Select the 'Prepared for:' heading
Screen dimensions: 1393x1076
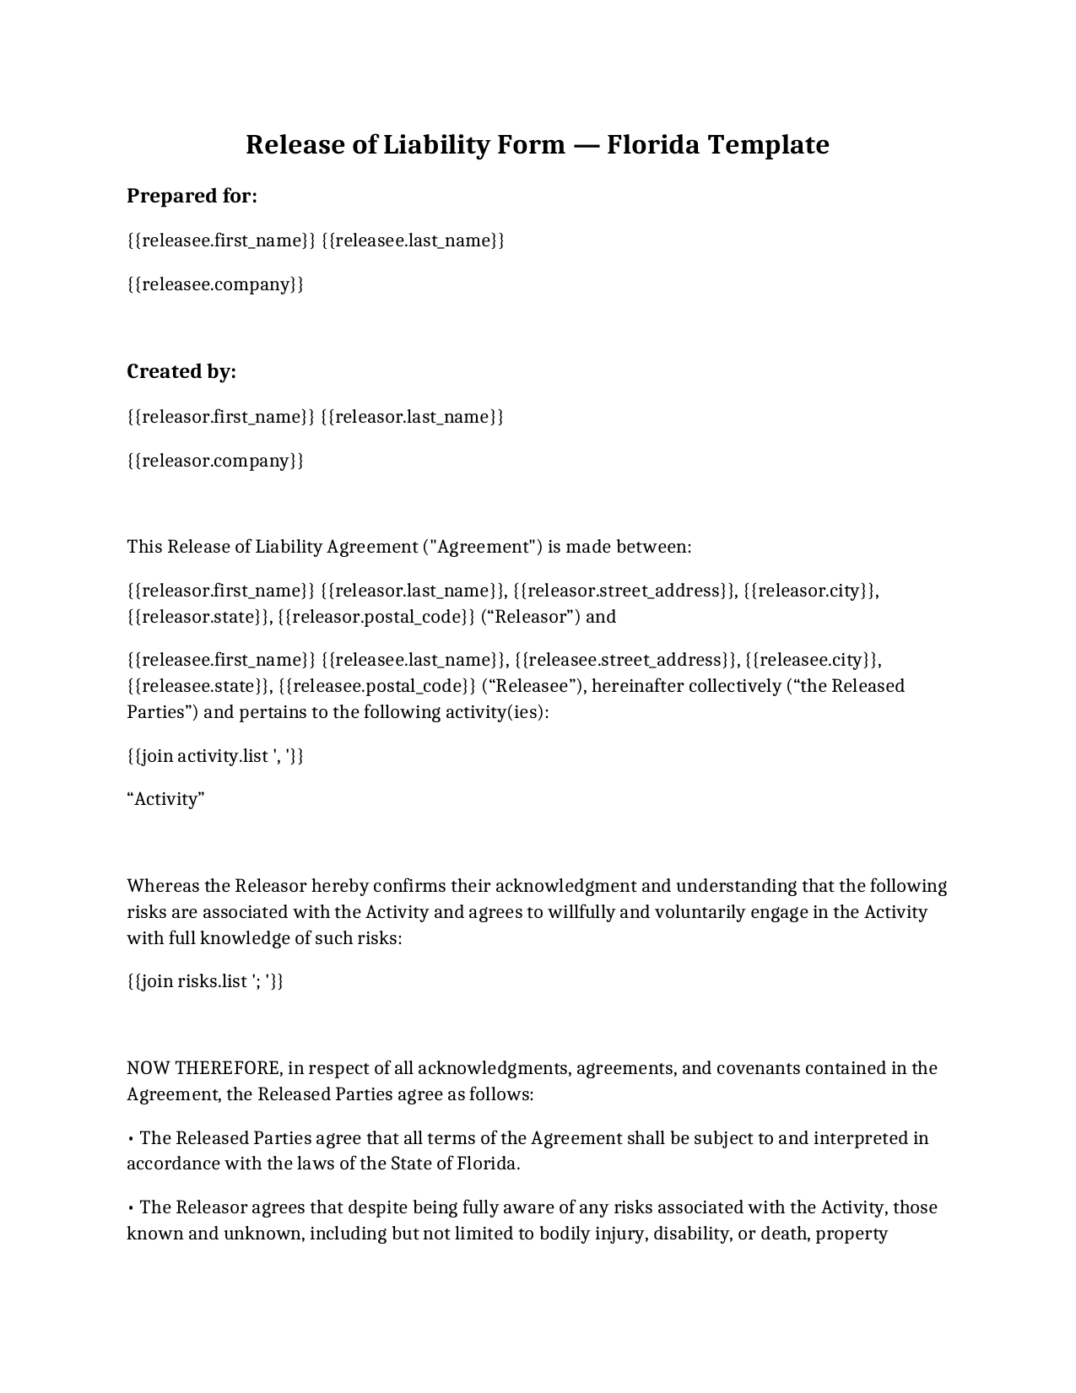coord(192,196)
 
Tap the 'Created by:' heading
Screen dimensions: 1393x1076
coord(181,371)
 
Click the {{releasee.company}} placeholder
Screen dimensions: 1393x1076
coord(215,284)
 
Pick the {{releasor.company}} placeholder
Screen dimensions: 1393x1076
coord(215,461)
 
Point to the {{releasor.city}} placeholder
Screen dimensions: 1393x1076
coord(809,591)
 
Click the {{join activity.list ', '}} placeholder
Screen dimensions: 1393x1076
coord(215,756)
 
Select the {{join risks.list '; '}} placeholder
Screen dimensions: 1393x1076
coord(205,981)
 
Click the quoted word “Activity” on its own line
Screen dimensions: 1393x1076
coord(166,799)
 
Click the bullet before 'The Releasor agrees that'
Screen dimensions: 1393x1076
coord(131,1208)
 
